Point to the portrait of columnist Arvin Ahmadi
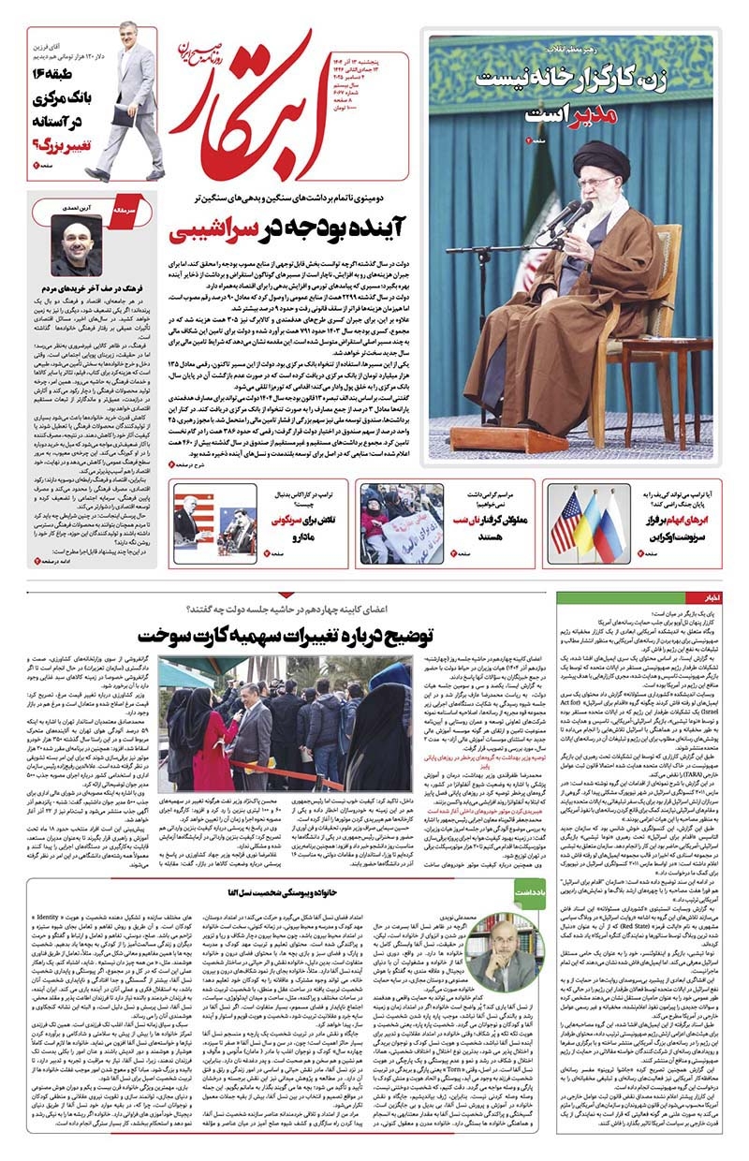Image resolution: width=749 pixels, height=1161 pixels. (x=77, y=246)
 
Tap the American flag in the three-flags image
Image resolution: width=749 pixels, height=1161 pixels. (x=565, y=522)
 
